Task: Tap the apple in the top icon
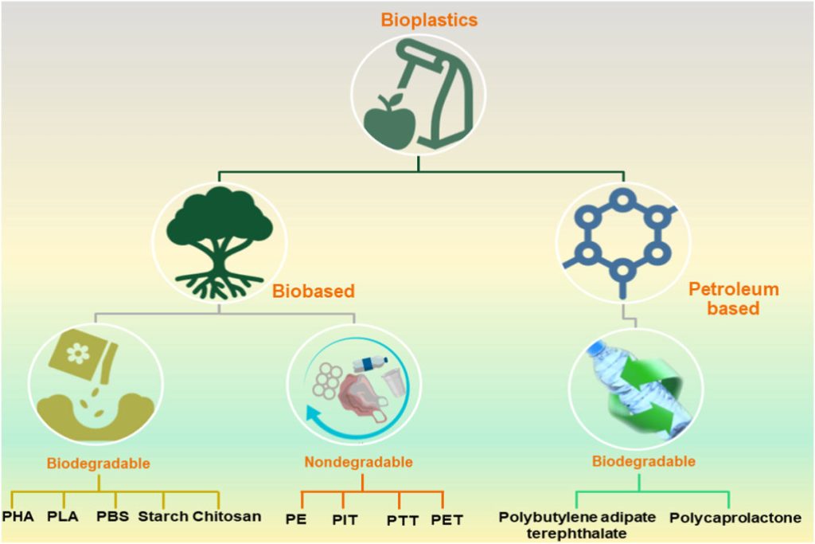click(x=389, y=119)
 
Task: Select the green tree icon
click(x=218, y=240)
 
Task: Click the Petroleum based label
click(x=732, y=298)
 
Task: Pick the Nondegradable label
click(x=358, y=462)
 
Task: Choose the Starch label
click(x=162, y=516)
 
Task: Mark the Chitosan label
click(x=226, y=516)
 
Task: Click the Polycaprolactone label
click(x=735, y=518)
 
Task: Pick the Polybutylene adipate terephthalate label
click(x=577, y=524)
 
